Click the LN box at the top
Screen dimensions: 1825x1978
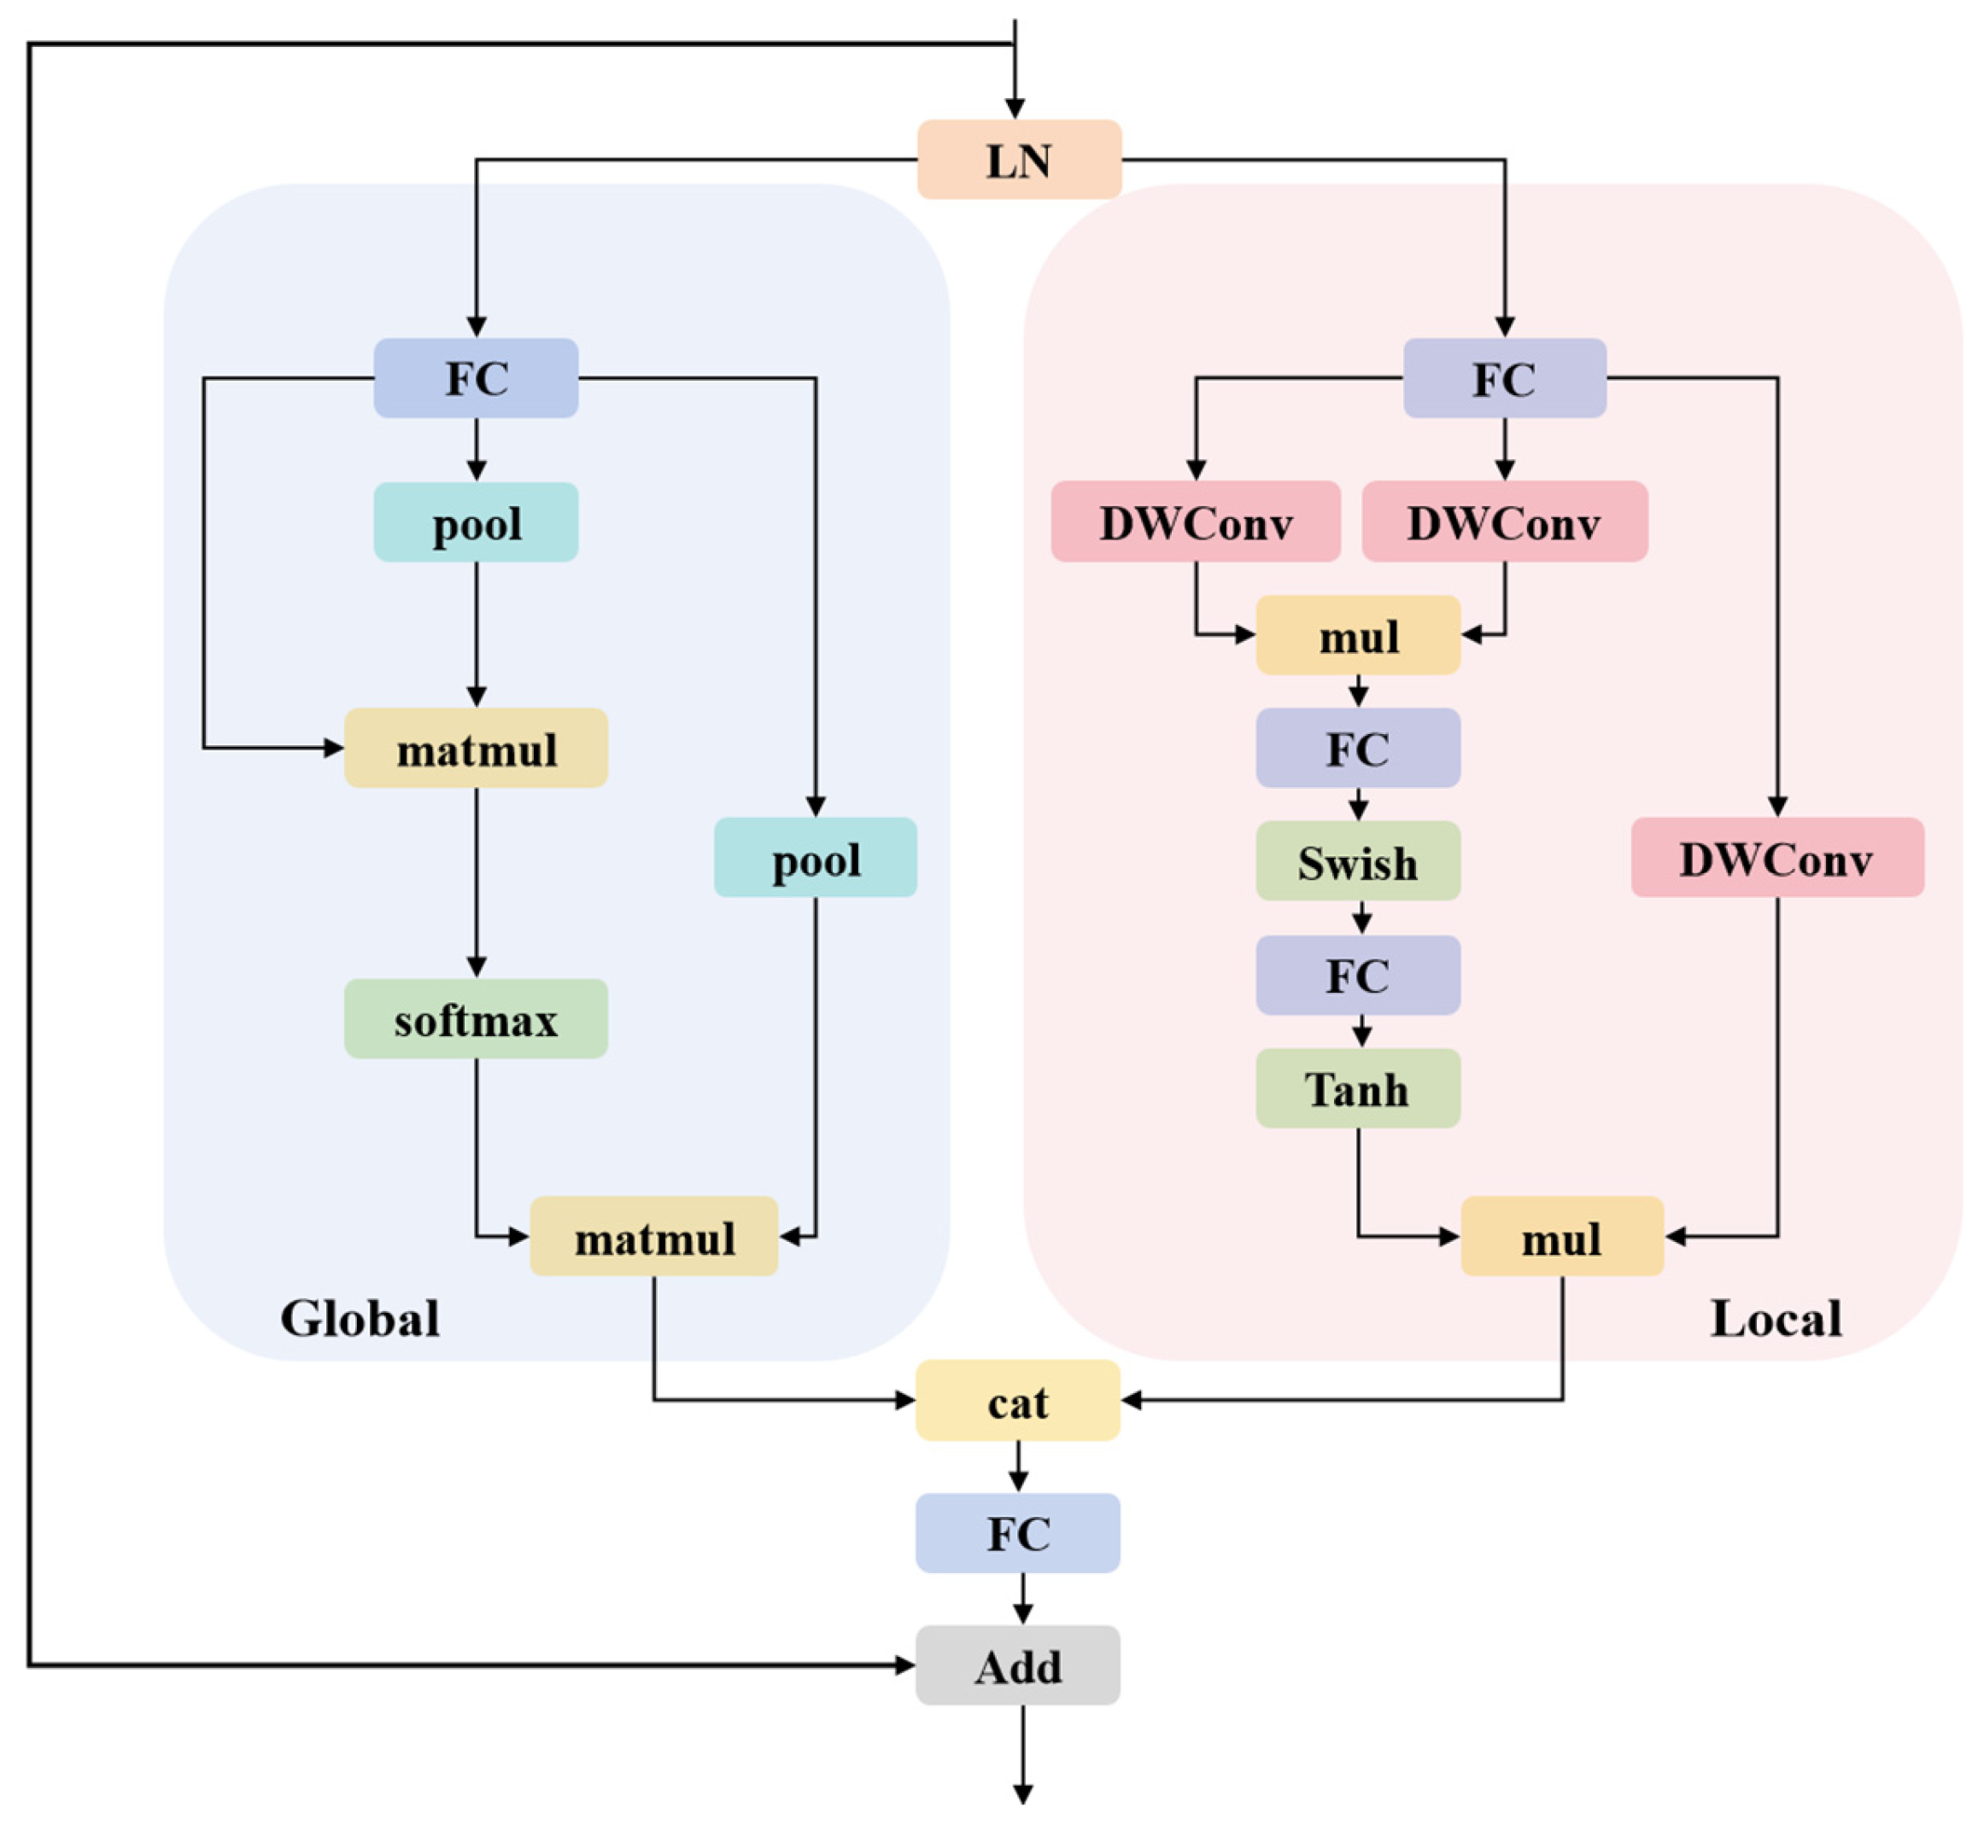(x=1019, y=160)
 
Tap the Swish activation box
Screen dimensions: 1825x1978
(x=1358, y=861)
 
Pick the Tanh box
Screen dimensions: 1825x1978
(x=1358, y=1088)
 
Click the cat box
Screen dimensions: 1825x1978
(x=1018, y=1401)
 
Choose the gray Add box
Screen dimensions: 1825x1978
(x=1018, y=1666)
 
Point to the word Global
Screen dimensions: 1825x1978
(x=360, y=1318)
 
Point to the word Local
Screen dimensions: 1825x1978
(x=1776, y=1318)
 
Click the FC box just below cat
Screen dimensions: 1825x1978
(x=1018, y=1534)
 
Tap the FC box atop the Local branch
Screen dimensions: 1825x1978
(x=1504, y=378)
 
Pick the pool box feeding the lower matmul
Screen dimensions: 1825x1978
(x=815, y=857)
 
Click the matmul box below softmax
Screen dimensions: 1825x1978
(x=654, y=1236)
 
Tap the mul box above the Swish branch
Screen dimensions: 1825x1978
(x=1358, y=635)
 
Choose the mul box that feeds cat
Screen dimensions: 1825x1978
(x=1562, y=1236)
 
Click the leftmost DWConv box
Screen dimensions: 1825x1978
(x=1196, y=522)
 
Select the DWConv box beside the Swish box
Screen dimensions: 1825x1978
(x=1776, y=857)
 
